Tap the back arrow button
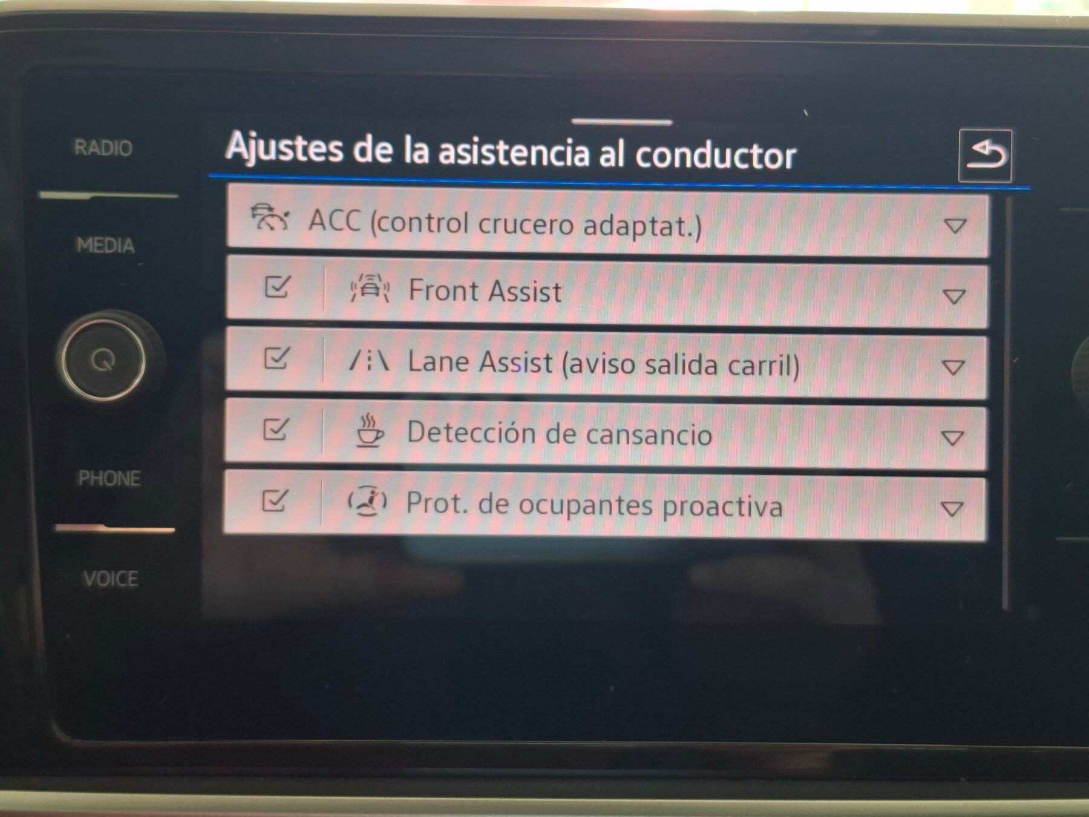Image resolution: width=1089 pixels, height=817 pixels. (985, 156)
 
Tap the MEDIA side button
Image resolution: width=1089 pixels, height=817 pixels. (105, 245)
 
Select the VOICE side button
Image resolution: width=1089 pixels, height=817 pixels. (111, 579)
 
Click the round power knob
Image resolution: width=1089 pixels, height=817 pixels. (103, 361)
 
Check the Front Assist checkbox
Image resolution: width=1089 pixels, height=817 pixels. (277, 287)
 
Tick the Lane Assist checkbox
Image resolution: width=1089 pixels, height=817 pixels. (276, 358)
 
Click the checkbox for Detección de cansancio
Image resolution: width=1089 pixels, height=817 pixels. (275, 430)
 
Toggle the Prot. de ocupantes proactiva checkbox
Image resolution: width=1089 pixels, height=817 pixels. (274, 500)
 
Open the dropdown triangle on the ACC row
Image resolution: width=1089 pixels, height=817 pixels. (955, 226)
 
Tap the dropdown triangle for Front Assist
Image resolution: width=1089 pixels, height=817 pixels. (954, 297)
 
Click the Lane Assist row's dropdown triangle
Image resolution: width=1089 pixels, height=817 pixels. (953, 367)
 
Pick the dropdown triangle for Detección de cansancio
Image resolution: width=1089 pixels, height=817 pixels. (952, 438)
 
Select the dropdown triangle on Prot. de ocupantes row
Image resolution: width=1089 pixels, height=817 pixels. (952, 509)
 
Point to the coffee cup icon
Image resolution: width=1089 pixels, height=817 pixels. (368, 431)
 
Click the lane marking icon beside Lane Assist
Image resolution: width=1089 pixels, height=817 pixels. (368, 361)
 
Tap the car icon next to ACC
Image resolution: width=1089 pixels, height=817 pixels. (269, 218)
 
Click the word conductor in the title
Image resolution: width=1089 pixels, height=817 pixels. (715, 156)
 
